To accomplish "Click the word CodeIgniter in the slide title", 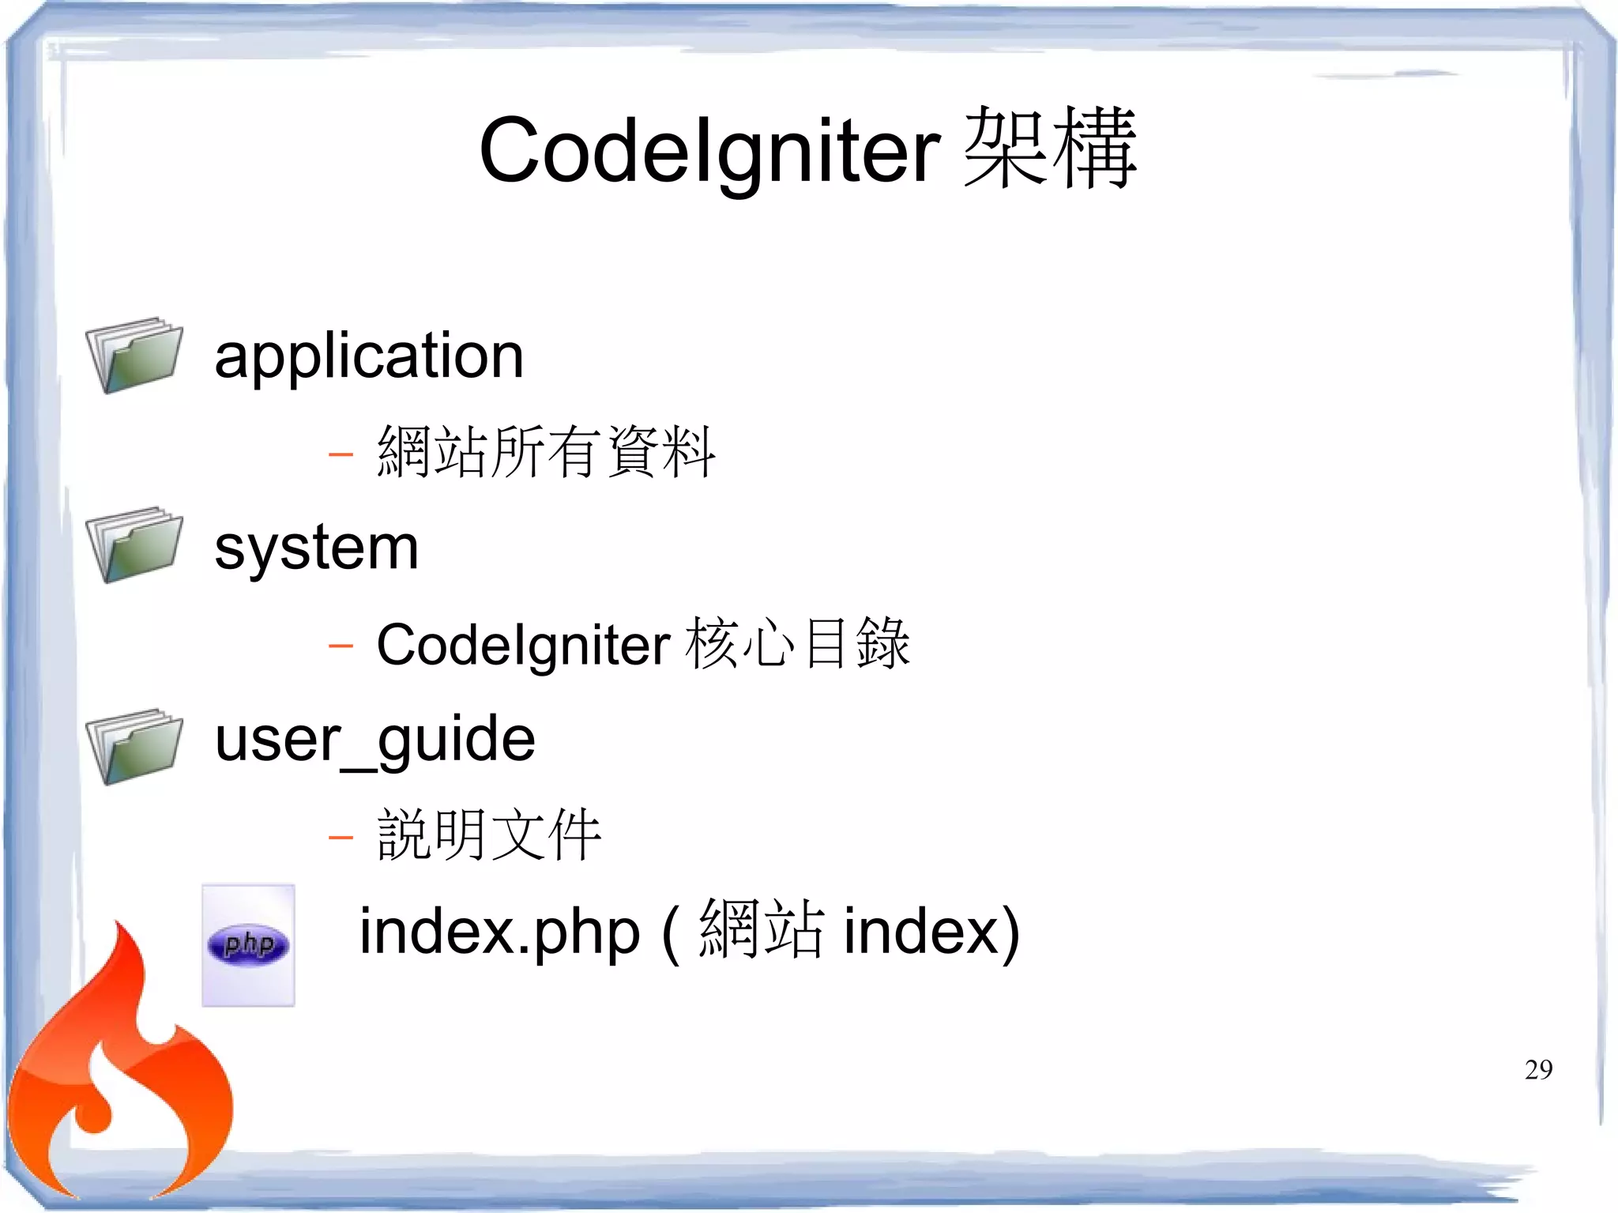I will pyautogui.click(x=709, y=150).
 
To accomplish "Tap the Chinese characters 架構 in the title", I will pyautogui.click(x=1050, y=149).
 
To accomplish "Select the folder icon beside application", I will pyautogui.click(x=134, y=355).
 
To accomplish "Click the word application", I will pyautogui.click(x=369, y=356).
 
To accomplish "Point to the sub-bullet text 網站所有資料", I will pyautogui.click(x=546, y=452).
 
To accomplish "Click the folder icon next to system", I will pyautogui.click(x=134, y=545).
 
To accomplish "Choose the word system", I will pyautogui.click(x=316, y=548).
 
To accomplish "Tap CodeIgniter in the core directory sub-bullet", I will pyautogui.click(x=523, y=645).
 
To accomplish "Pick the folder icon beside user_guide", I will pyautogui.click(x=134, y=747).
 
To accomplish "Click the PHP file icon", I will pyautogui.click(x=248, y=945).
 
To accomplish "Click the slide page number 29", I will pyautogui.click(x=1538, y=1070).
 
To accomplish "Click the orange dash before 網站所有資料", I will pyautogui.click(x=341, y=454).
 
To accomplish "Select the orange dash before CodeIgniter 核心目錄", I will pyautogui.click(x=341, y=646).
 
